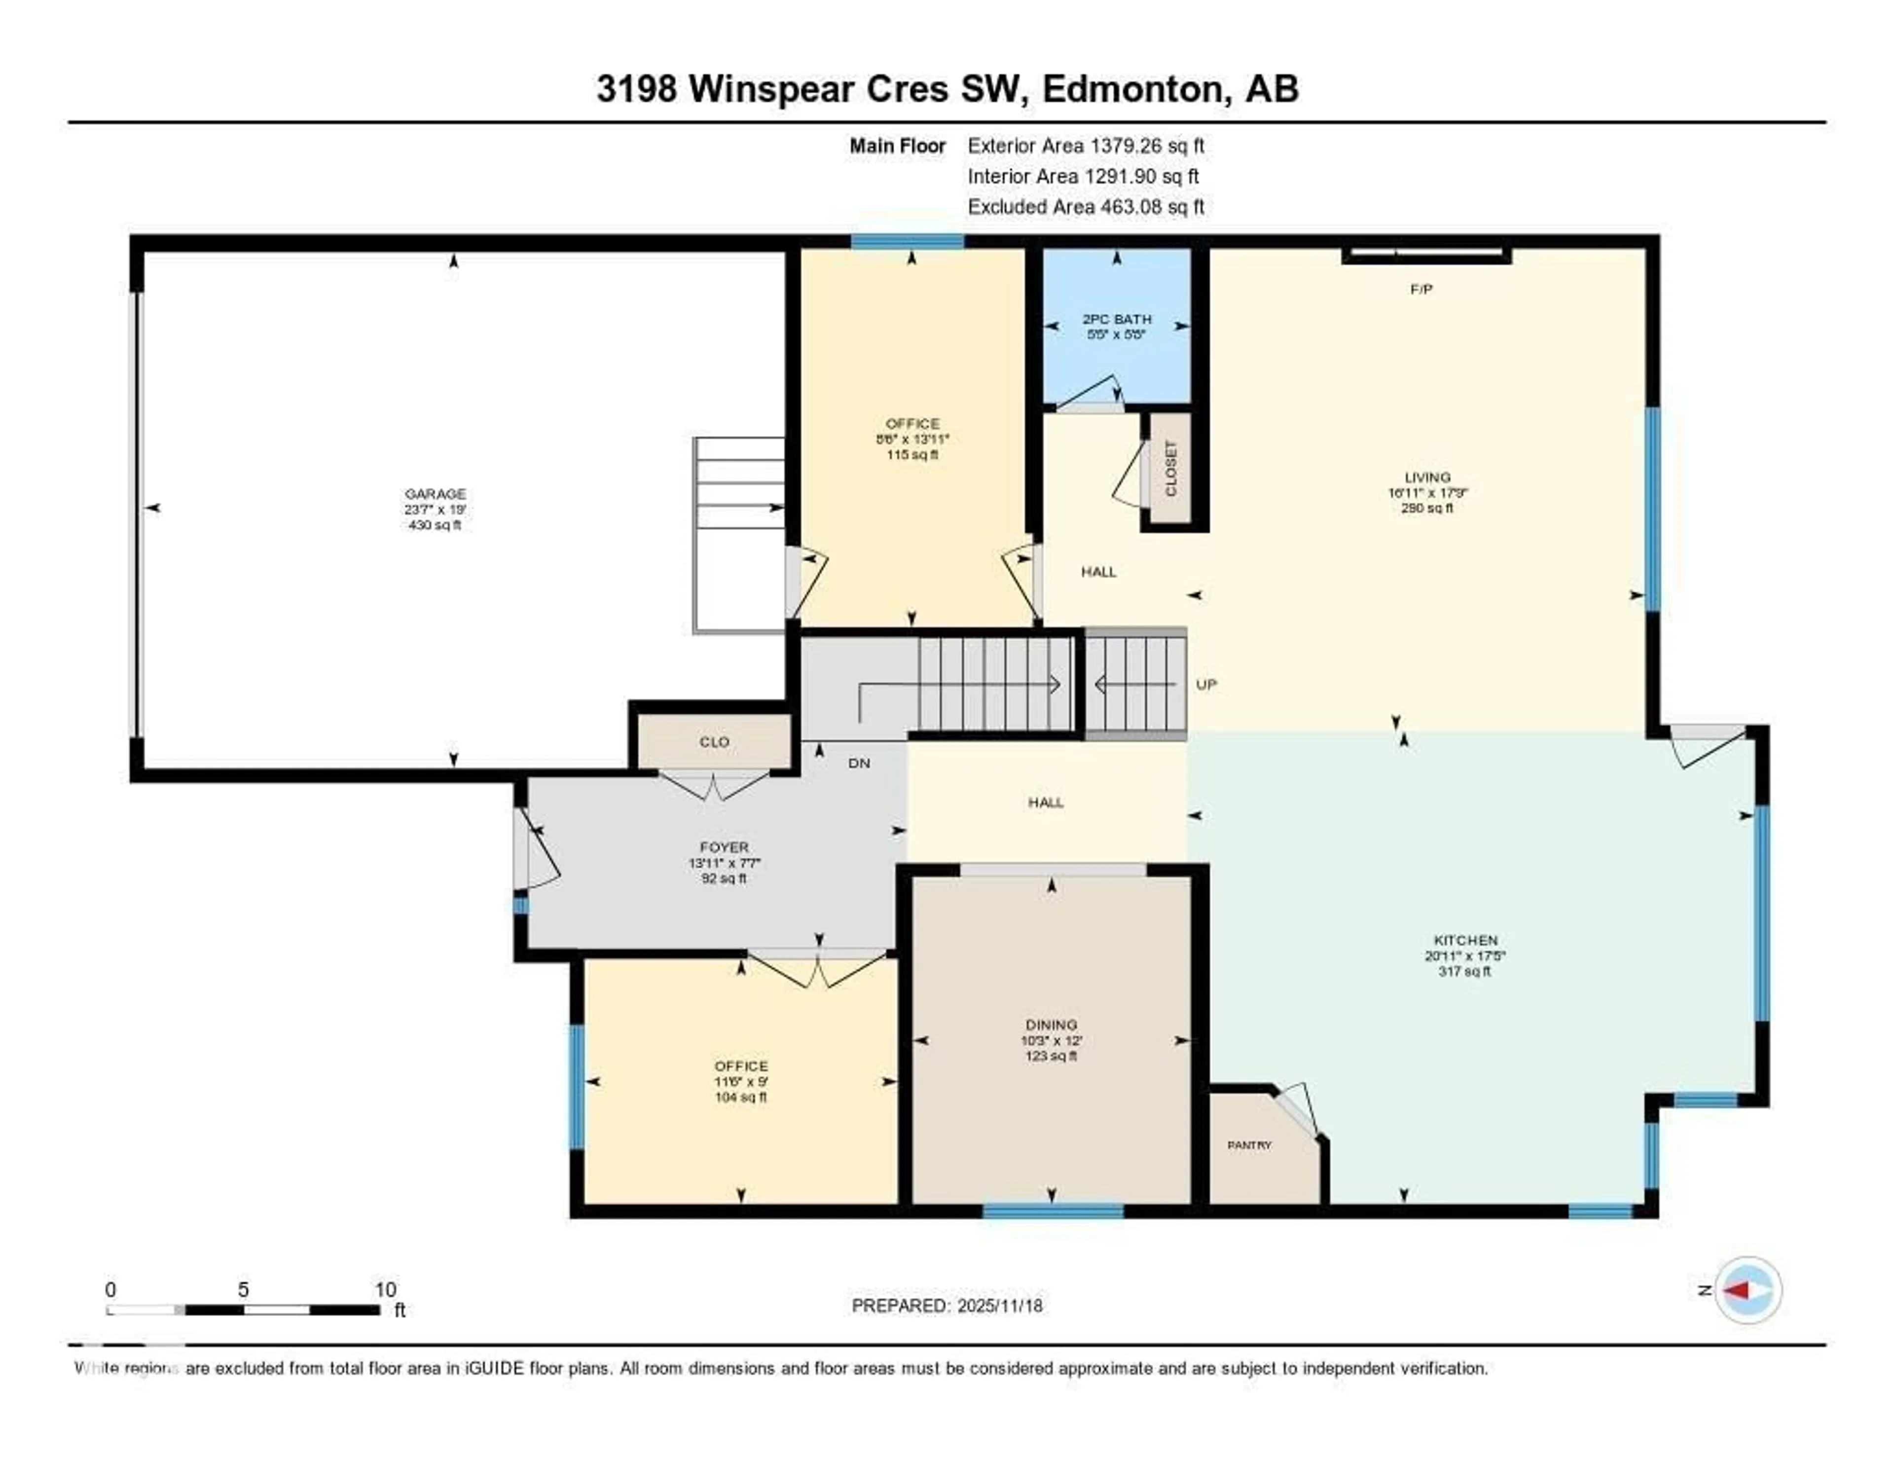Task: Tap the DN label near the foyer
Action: point(859,763)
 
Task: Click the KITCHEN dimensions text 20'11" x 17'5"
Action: point(1465,955)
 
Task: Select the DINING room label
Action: point(1051,1024)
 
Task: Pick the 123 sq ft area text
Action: point(1051,1056)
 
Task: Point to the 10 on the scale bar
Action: point(385,1289)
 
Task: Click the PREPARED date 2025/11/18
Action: point(997,1305)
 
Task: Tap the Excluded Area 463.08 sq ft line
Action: point(1086,206)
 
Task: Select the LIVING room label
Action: point(1427,477)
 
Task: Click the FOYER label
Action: point(724,847)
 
